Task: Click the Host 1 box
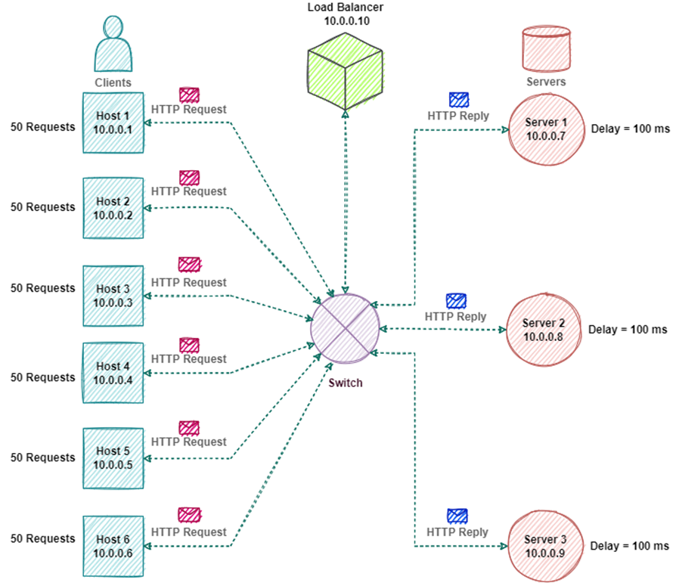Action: [x=113, y=122]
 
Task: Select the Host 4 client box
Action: [x=113, y=373]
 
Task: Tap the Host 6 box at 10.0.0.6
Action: [x=113, y=546]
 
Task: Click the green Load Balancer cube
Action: [x=345, y=71]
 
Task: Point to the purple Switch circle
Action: [x=345, y=329]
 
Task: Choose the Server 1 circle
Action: [x=547, y=129]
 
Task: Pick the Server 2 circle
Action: [x=544, y=330]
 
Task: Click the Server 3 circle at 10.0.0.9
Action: [x=545, y=546]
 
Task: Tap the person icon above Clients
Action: [x=113, y=44]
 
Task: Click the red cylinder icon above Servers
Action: [x=547, y=49]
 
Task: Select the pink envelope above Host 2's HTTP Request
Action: [x=189, y=177]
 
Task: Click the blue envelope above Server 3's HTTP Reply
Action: [x=457, y=516]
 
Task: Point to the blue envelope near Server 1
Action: [x=459, y=100]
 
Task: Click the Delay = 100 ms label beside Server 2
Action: [x=628, y=330]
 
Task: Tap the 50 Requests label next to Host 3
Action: [x=43, y=288]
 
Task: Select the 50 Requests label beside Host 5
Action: [x=43, y=457]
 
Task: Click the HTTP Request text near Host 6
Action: [x=189, y=532]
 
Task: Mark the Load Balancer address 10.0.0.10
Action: [x=347, y=21]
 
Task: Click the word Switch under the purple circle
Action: [x=346, y=383]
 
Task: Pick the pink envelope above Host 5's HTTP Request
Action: [x=189, y=428]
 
